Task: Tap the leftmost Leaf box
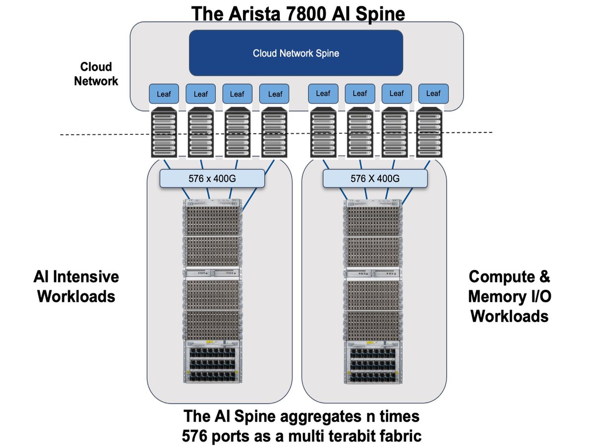pos(164,94)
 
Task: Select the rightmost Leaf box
pos(433,93)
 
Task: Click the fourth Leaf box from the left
pos(274,94)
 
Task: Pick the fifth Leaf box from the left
pos(323,93)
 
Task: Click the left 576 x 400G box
pos(212,178)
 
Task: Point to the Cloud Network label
pos(96,74)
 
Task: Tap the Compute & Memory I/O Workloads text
pos(509,296)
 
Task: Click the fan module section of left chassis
pos(212,362)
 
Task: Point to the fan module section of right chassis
pos(373,362)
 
